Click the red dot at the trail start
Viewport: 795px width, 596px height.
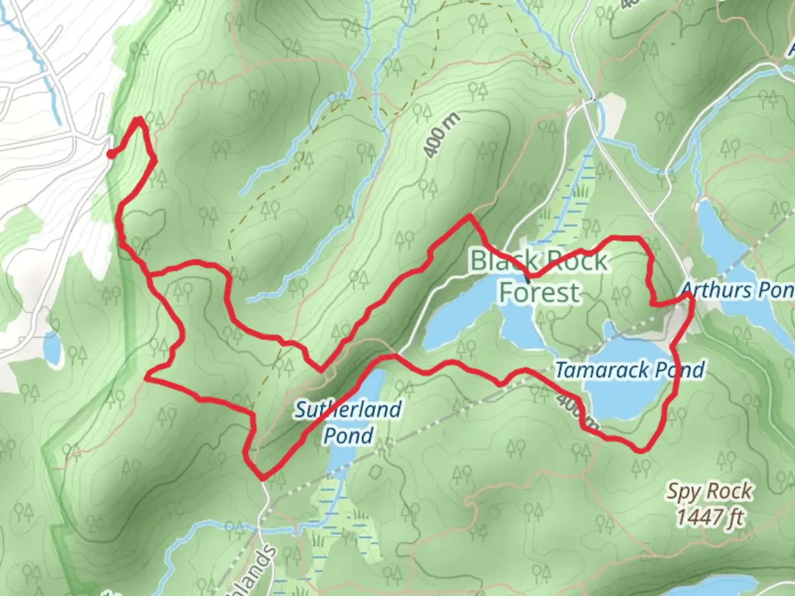110,154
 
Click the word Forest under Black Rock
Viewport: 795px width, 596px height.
539,291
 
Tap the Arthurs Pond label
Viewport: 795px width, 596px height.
737,290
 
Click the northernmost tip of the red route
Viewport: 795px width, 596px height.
139,118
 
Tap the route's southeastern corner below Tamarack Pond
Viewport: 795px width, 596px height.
642,450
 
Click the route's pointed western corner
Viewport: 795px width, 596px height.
147,377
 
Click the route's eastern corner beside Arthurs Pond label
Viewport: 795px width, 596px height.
691,297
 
